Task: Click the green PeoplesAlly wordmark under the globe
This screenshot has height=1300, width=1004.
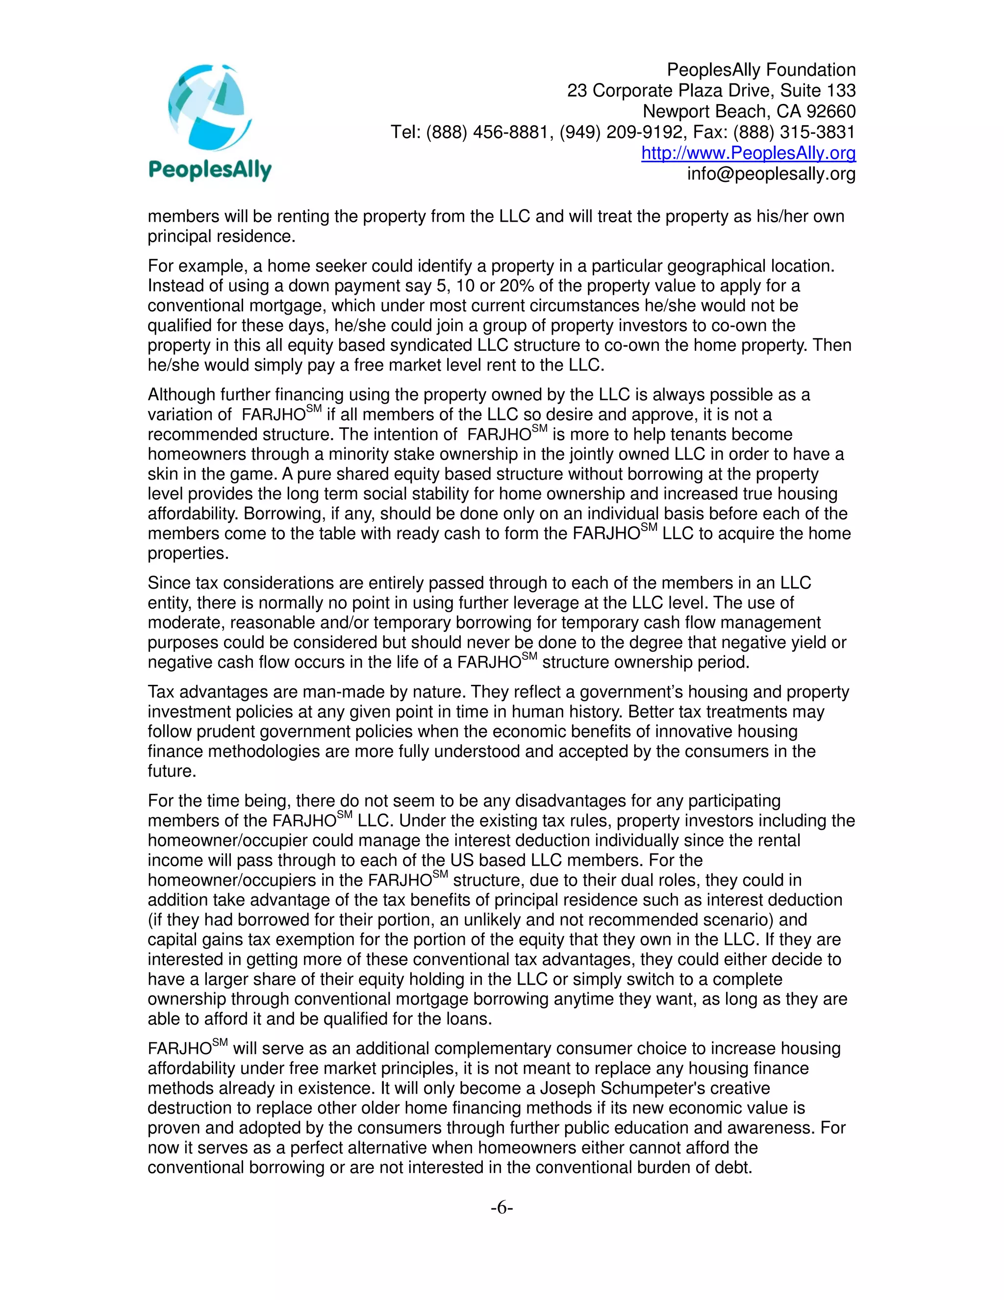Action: click(x=209, y=170)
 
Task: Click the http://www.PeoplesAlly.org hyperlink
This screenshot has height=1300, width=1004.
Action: click(x=748, y=153)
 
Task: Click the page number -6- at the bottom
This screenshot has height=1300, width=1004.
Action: click(x=502, y=1208)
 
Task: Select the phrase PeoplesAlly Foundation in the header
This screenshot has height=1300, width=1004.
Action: click(x=761, y=70)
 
